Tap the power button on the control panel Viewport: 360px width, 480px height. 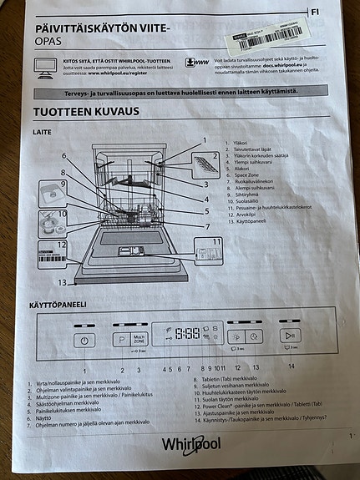point(84,340)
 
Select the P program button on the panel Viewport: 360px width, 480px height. point(119,340)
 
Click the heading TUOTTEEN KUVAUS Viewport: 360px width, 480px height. point(87,111)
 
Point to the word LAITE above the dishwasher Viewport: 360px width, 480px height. point(43,132)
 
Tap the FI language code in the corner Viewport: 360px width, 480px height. point(314,13)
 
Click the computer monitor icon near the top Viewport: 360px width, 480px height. point(45,65)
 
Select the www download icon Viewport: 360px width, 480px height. point(199,62)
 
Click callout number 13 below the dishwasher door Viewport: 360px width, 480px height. point(60,282)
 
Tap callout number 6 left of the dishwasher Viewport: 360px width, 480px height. point(63,156)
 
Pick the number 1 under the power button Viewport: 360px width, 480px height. point(84,370)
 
